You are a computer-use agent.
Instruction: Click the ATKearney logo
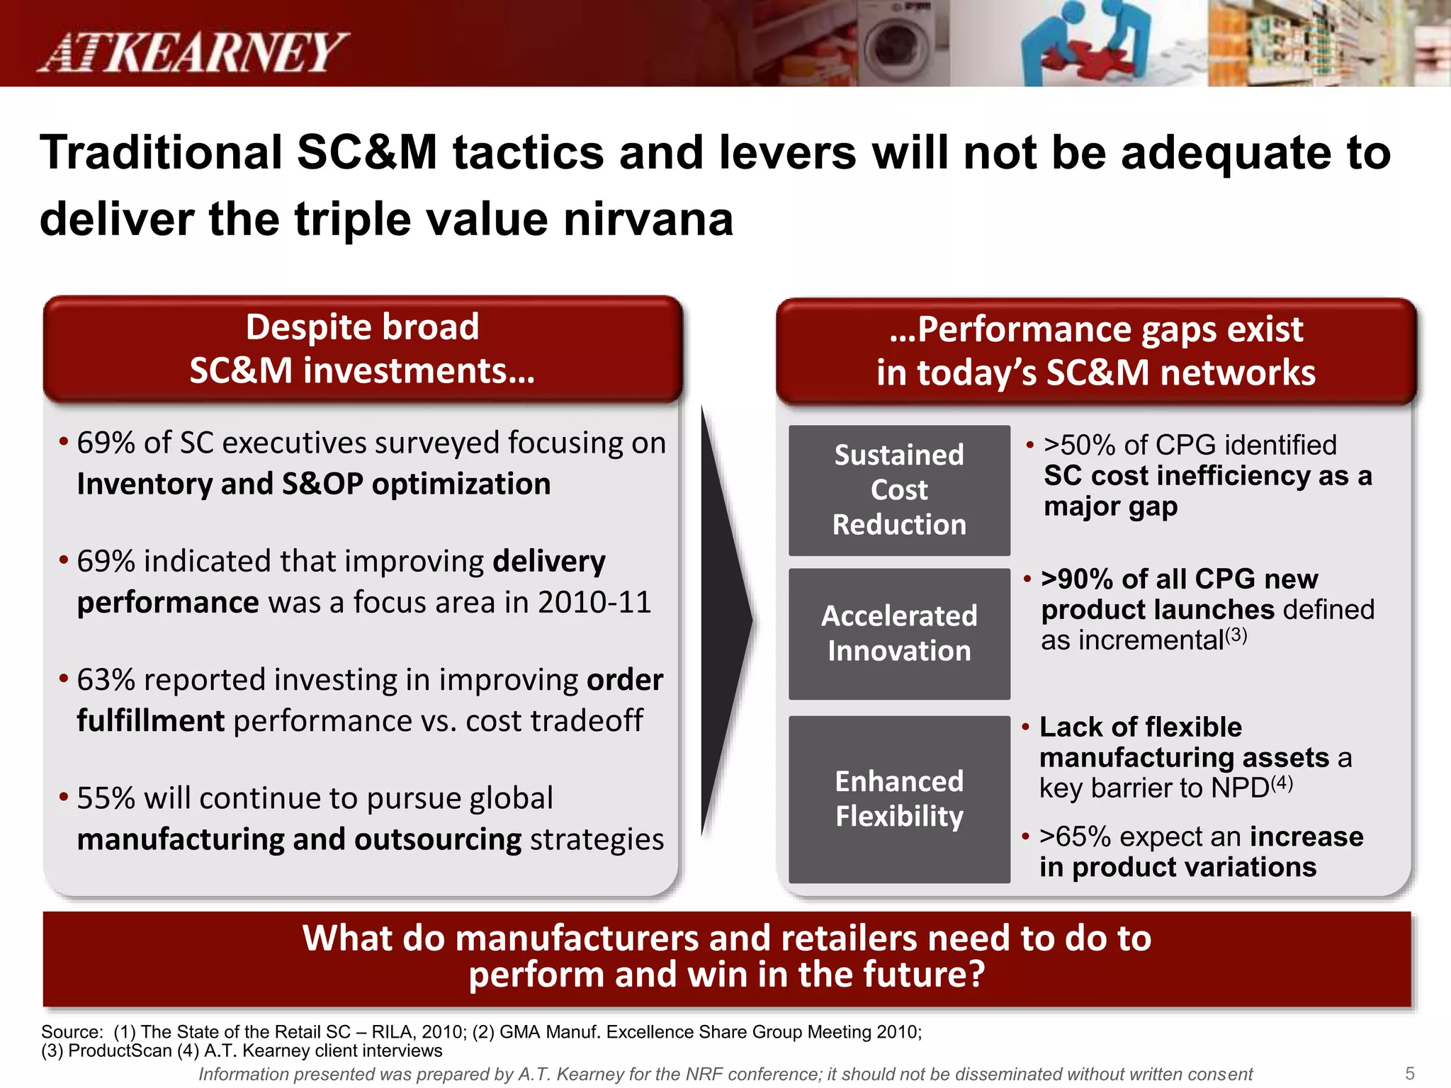point(193,52)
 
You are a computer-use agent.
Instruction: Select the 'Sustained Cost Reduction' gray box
point(899,490)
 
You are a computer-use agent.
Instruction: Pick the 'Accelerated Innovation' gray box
point(899,633)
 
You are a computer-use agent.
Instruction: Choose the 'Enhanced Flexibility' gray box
point(899,799)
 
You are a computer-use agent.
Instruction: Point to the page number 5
point(1409,1073)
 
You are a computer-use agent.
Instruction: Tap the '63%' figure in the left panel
point(106,680)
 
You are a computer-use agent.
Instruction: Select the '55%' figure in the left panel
point(106,798)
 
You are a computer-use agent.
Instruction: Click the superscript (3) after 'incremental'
point(1236,634)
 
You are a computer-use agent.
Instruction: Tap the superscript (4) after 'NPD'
point(1282,783)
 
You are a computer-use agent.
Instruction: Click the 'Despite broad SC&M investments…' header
point(362,348)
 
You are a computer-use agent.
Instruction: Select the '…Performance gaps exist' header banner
point(1095,351)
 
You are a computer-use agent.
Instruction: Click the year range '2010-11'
point(594,603)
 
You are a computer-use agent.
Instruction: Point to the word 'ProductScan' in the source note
point(120,1050)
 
